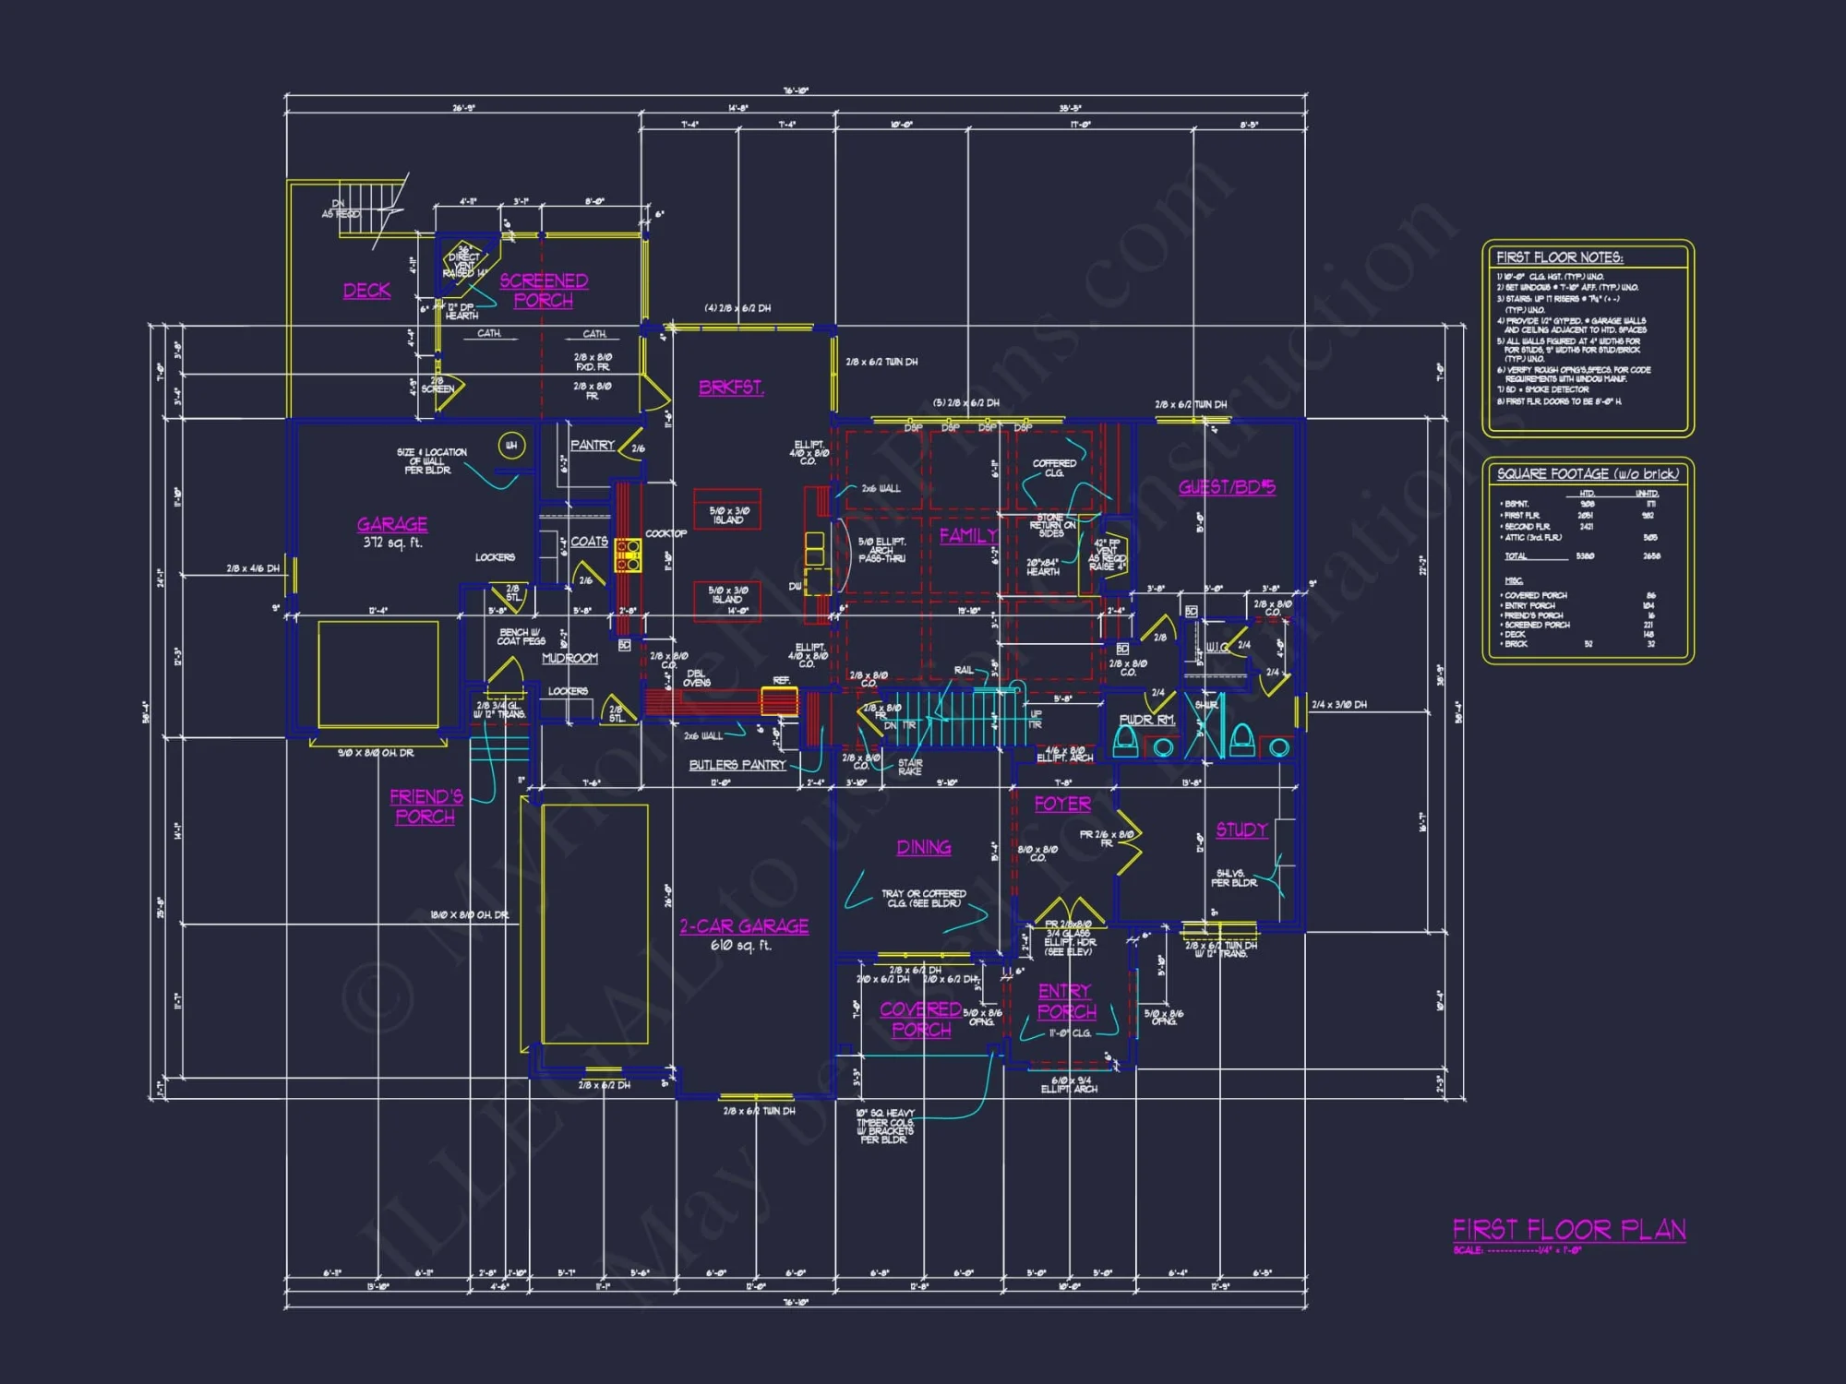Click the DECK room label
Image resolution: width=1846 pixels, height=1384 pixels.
pyautogui.click(x=366, y=291)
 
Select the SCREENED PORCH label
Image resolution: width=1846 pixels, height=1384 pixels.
pyautogui.click(x=544, y=291)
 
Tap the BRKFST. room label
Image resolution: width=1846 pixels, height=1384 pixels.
pyautogui.click(x=731, y=388)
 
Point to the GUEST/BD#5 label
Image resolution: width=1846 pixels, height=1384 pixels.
pyautogui.click(x=1227, y=487)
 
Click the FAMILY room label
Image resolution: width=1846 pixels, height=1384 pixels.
pyautogui.click(x=968, y=536)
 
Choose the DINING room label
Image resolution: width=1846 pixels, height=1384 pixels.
pyautogui.click(x=924, y=848)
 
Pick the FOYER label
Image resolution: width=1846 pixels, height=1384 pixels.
pyautogui.click(x=1062, y=805)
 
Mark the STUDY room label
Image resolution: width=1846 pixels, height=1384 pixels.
pyautogui.click(x=1241, y=830)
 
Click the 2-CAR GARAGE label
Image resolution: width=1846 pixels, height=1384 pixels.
pyautogui.click(x=744, y=926)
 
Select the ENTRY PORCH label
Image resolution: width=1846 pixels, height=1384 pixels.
pyautogui.click(x=1066, y=1002)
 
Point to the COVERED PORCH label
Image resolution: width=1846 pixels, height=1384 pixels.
pyautogui.click(x=920, y=1020)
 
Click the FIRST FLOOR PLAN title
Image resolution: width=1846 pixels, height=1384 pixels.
pyautogui.click(x=1569, y=1230)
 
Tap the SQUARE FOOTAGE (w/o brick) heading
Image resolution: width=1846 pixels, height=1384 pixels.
pyautogui.click(x=1588, y=474)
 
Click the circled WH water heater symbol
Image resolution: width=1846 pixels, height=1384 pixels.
pyautogui.click(x=511, y=446)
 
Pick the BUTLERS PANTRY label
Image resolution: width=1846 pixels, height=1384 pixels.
pyautogui.click(x=737, y=765)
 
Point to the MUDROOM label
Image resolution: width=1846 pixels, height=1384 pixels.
pyautogui.click(x=569, y=659)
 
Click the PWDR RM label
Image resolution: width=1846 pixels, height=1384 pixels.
pyautogui.click(x=1146, y=720)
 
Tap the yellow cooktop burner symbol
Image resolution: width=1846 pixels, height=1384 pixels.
pyautogui.click(x=629, y=555)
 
